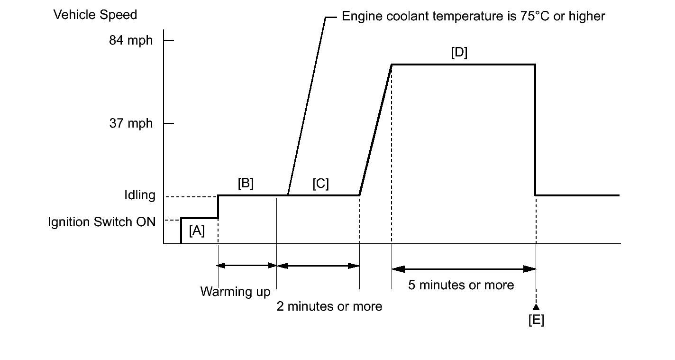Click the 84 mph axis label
131,40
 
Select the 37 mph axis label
131,123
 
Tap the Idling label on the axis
139,195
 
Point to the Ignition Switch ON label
101,222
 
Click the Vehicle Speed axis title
95,15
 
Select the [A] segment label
197,231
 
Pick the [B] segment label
246,184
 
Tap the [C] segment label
320,184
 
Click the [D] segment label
459,53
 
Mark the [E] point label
536,321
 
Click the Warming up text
235,291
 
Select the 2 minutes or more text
329,306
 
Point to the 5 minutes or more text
461,285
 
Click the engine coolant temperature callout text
473,17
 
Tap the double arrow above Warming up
247,266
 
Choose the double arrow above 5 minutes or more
464,269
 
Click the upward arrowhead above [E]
536,308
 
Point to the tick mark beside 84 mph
169,40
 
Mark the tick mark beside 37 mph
169,123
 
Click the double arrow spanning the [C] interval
318,266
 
